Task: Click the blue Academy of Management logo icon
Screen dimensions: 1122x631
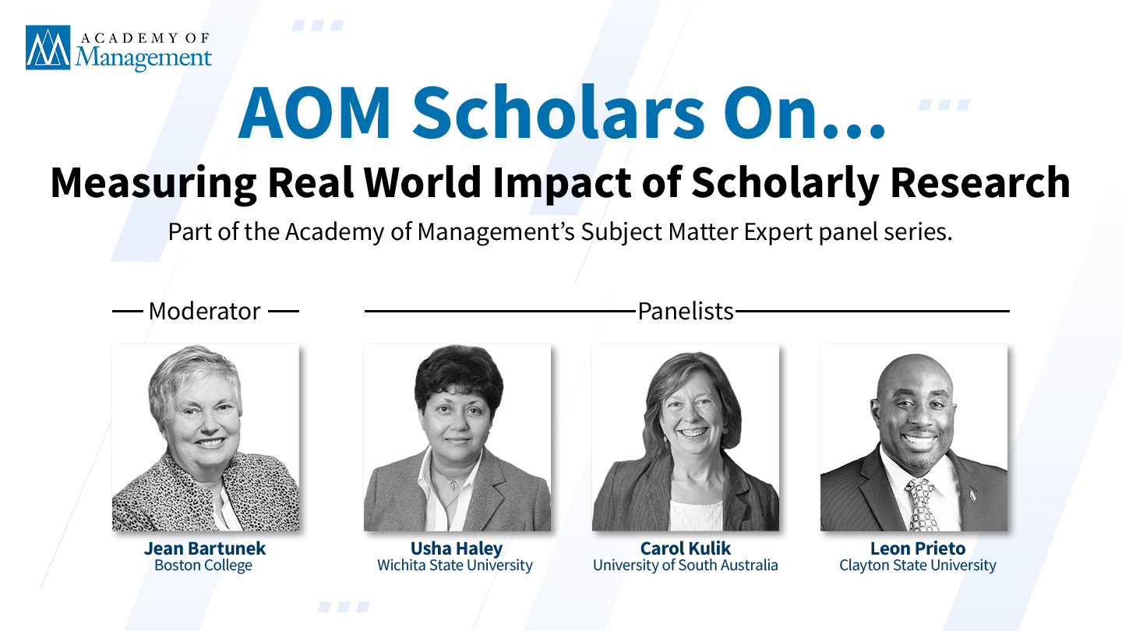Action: click(48, 48)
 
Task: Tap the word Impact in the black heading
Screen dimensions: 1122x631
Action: click(562, 184)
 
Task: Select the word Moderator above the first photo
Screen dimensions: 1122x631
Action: click(205, 311)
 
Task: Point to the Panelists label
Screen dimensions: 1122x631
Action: click(686, 311)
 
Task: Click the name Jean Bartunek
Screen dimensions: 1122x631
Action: click(205, 548)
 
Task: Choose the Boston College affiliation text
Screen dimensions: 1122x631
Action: click(203, 566)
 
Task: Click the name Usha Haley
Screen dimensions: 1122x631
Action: click(457, 548)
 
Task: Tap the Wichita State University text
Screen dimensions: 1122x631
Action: click(455, 566)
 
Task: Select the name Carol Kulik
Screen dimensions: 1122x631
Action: click(685, 548)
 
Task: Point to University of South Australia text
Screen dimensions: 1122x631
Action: click(685, 566)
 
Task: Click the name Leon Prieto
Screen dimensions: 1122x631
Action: click(918, 548)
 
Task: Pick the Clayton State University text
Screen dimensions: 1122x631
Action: click(918, 566)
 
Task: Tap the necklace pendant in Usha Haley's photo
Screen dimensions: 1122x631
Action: click(452, 485)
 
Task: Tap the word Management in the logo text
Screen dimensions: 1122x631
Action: click(143, 58)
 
